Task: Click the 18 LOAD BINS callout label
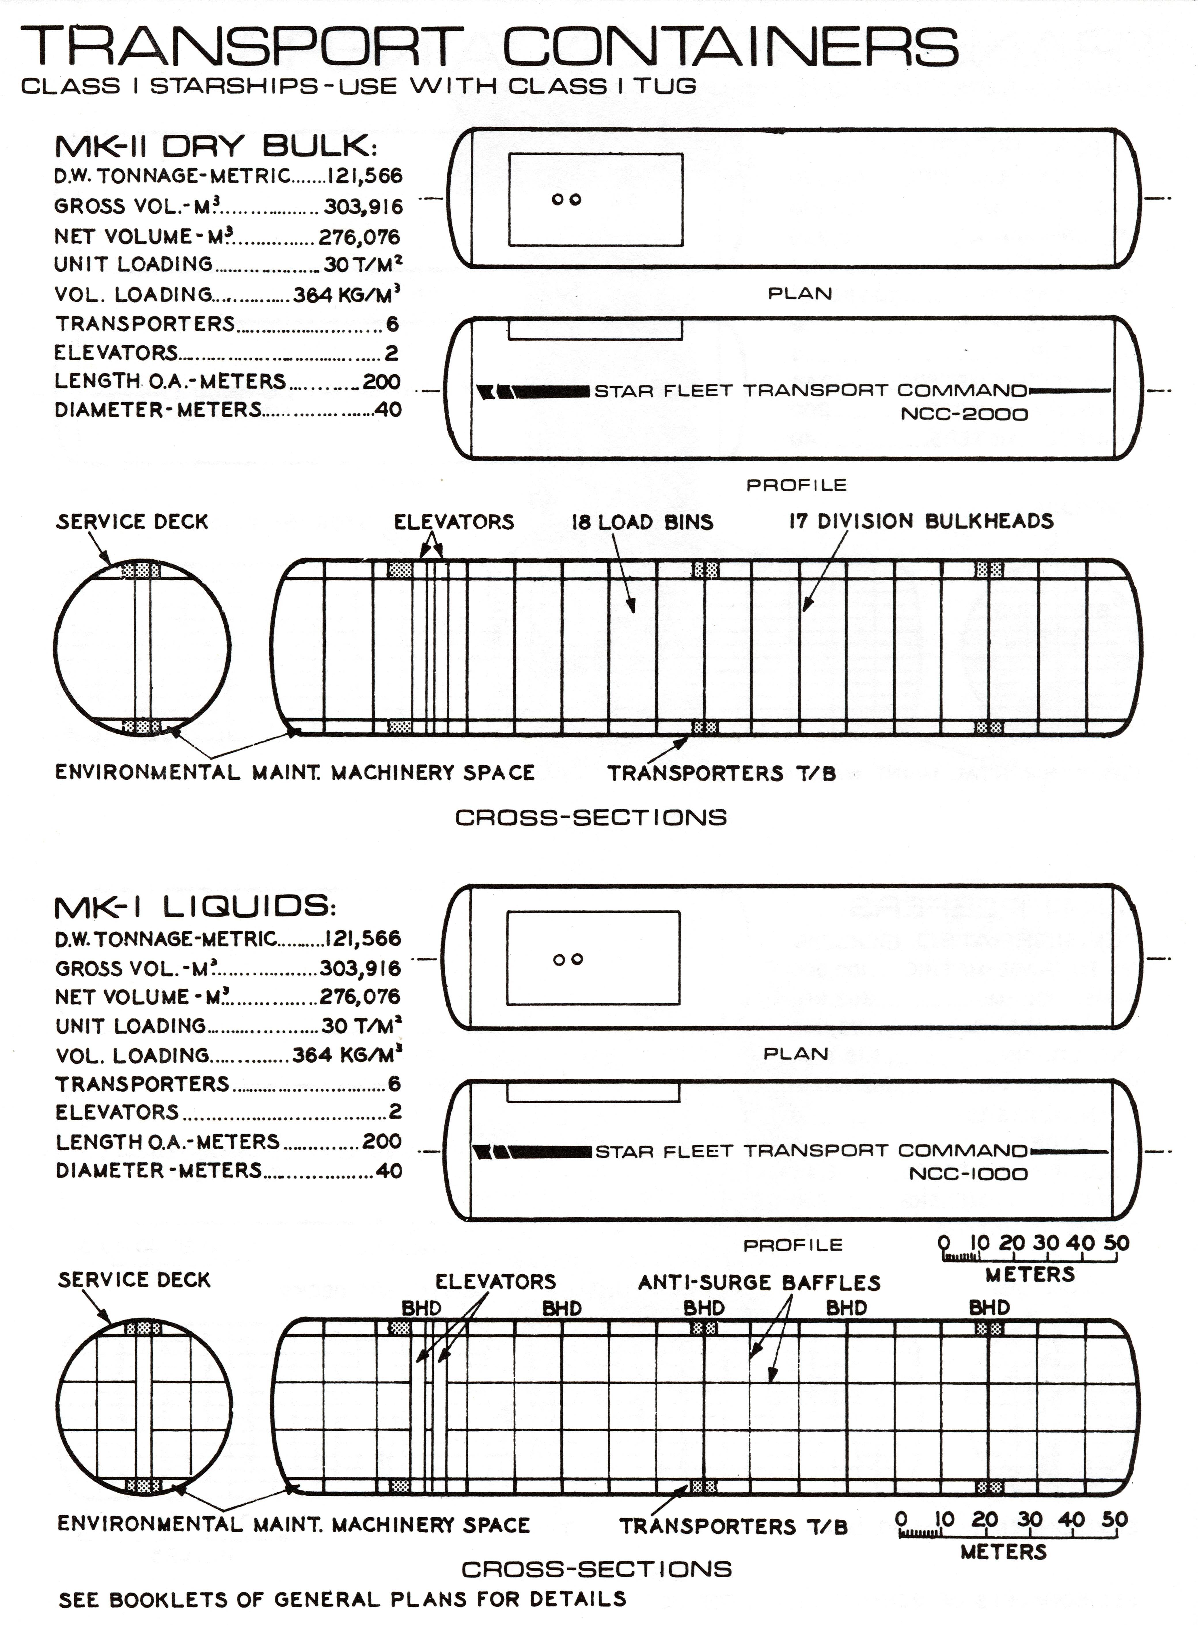pos(642,522)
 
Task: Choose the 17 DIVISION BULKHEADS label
pos(921,521)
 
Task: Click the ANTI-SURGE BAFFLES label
pos(759,1283)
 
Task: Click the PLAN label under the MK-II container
pos(800,294)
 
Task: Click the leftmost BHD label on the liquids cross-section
pos(421,1308)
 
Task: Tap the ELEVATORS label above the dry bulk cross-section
pos(454,522)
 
